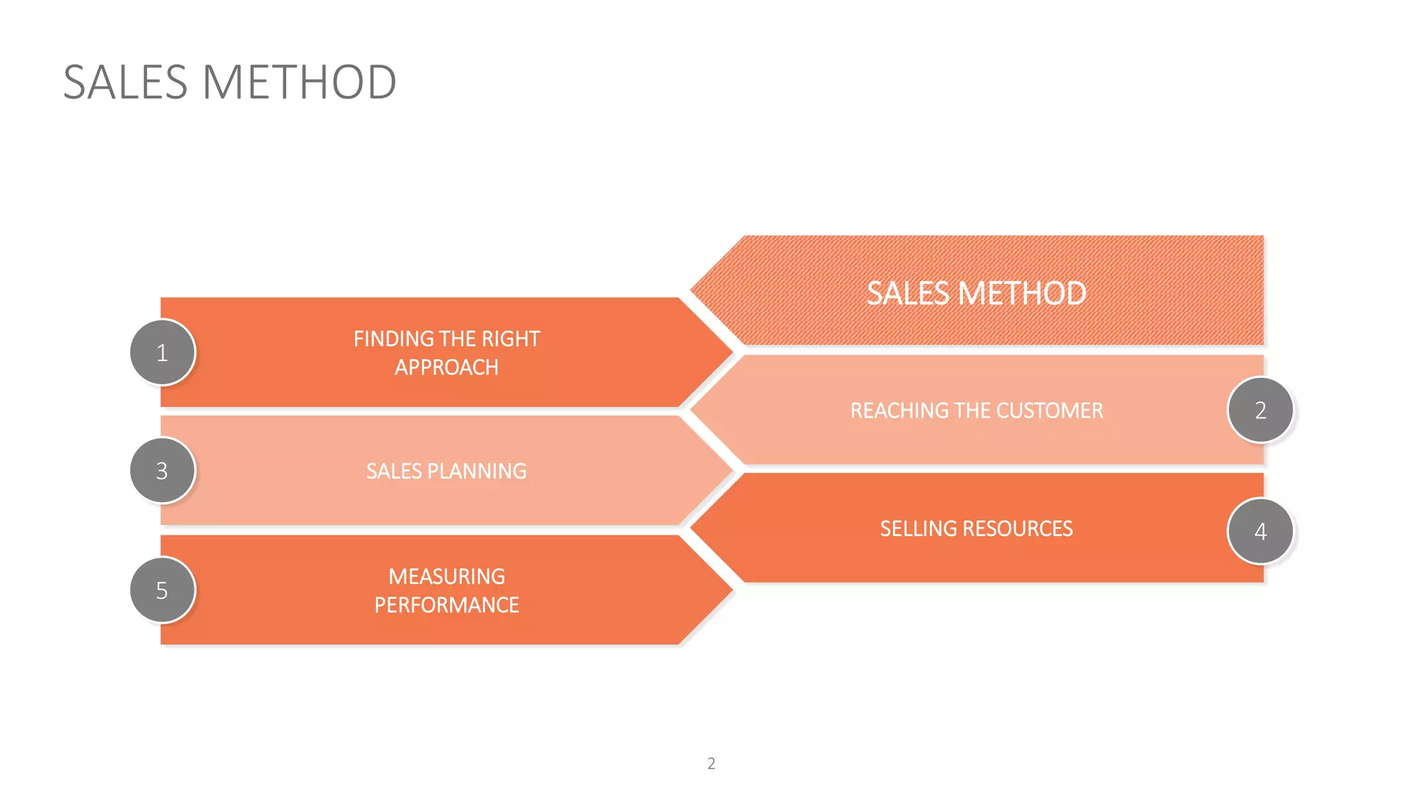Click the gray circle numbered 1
(163, 353)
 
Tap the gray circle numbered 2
(1260, 410)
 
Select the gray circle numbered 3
(163, 471)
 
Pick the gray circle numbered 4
(1260, 531)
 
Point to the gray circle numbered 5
(163, 590)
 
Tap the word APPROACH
(447, 367)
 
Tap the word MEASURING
(447, 577)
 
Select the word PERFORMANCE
(447, 606)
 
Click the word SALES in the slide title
(126, 83)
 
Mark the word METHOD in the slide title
(299, 83)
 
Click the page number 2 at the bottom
(711, 764)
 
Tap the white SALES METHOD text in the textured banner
(976, 294)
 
